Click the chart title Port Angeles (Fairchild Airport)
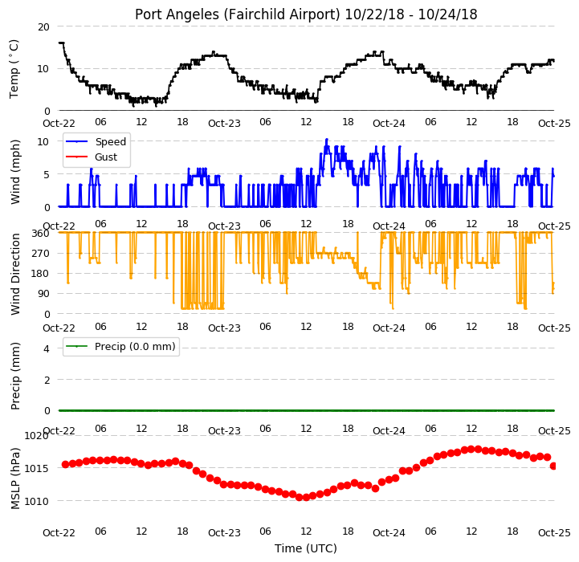click(x=237, y=14)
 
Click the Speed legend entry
click(x=96, y=142)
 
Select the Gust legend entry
click(x=92, y=157)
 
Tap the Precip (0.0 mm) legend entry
click(x=120, y=346)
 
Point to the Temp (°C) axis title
click(x=14, y=69)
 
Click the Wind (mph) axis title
click(x=14, y=172)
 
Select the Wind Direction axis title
click(x=14, y=274)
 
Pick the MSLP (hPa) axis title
click(x=14, y=479)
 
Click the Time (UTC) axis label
click(x=306, y=548)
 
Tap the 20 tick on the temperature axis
click(x=43, y=27)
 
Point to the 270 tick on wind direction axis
click(x=41, y=254)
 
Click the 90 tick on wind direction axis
click(x=43, y=294)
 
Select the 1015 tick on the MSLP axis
click(x=37, y=468)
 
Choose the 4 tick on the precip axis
click(x=47, y=348)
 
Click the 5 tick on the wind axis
click(x=47, y=174)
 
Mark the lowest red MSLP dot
click(x=306, y=498)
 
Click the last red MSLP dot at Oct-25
click(x=553, y=466)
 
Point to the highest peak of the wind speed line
click(x=326, y=140)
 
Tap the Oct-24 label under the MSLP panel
click(x=389, y=532)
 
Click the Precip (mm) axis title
click(x=14, y=376)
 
